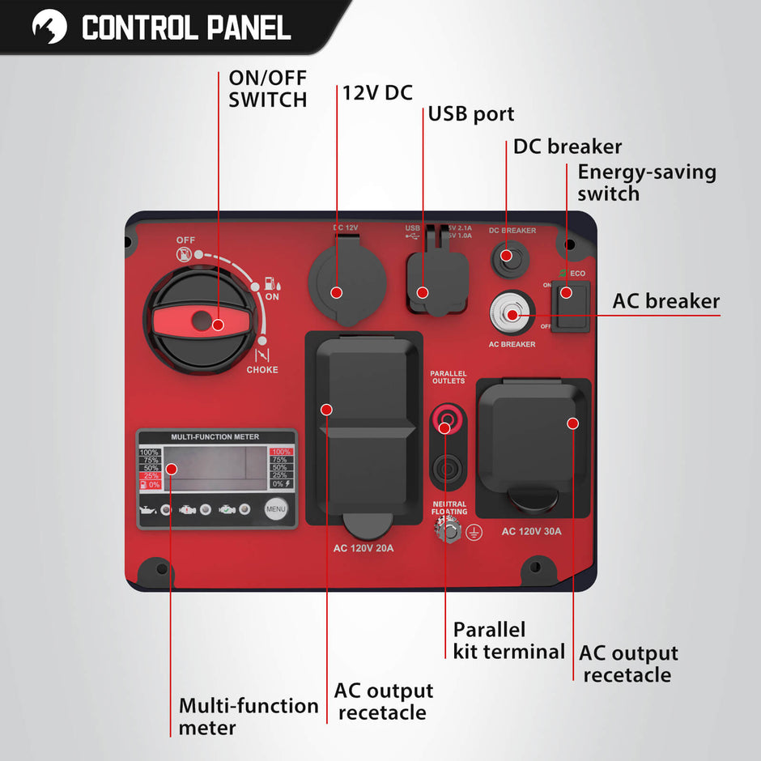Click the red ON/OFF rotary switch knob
198,321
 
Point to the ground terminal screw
447,530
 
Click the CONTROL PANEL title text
186,28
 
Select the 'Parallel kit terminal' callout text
508,640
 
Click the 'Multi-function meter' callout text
248,716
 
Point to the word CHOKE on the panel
262,370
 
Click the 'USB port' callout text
471,113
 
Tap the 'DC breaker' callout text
567,147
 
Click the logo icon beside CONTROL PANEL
49,27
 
